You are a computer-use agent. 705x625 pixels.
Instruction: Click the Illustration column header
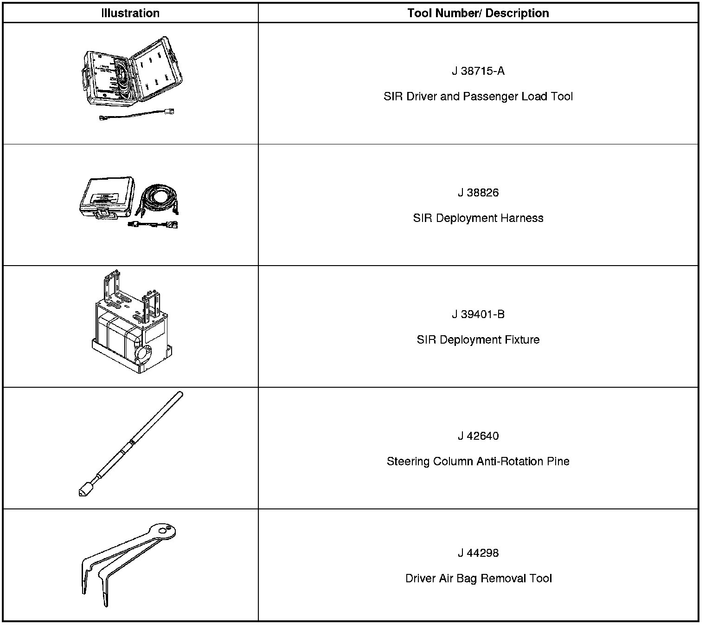(130, 13)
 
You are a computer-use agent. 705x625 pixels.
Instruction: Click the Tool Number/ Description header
(478, 13)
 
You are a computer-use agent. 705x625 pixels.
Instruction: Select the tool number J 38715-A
(478, 71)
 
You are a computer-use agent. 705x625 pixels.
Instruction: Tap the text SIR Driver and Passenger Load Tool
(478, 97)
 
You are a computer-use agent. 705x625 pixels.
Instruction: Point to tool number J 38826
(478, 193)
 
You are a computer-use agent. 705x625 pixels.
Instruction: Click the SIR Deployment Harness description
(478, 218)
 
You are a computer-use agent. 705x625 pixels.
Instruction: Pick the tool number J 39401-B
(478, 314)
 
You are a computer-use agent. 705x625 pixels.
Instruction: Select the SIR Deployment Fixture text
(478, 340)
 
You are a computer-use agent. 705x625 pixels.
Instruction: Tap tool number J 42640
(478, 436)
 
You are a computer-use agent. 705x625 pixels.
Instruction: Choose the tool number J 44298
(478, 553)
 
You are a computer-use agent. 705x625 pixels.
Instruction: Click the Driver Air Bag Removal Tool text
(478, 579)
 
